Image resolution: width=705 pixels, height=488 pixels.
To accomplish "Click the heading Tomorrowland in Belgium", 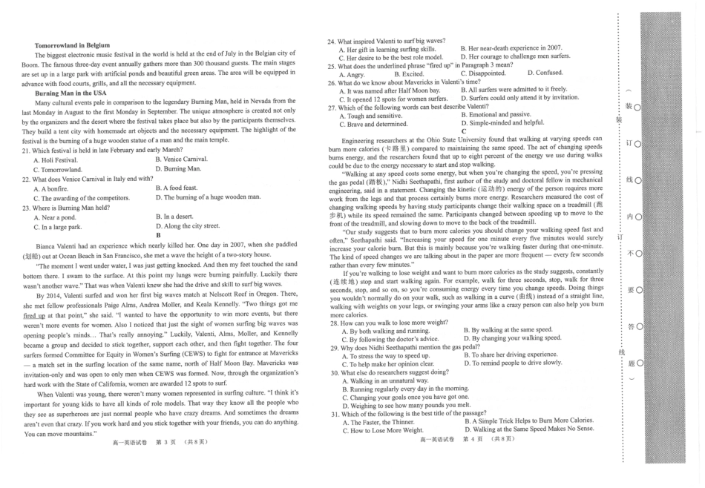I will point(68,45).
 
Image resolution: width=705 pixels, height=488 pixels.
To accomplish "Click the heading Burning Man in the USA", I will point(68,93).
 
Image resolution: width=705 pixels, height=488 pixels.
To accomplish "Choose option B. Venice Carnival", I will point(181,159).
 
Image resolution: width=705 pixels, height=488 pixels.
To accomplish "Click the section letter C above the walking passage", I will point(464,131).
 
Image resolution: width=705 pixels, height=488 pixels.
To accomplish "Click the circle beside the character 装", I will point(637,107).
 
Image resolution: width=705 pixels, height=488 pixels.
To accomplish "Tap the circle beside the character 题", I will point(637,363).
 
